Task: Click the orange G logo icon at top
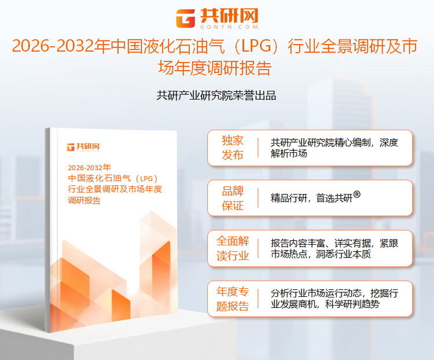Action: pyautogui.click(x=186, y=18)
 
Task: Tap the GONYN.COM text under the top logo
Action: pyautogui.click(x=227, y=27)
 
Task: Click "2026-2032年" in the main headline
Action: pyautogui.click(x=56, y=47)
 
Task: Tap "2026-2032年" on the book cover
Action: pyautogui.click(x=89, y=167)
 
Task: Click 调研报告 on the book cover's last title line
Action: pyautogui.click(x=84, y=201)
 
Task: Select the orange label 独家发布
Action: pyautogui.click(x=233, y=148)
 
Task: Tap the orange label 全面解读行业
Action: pyautogui.click(x=233, y=248)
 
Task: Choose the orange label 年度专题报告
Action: pyautogui.click(x=233, y=298)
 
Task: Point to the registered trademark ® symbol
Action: pyautogui.click(x=357, y=195)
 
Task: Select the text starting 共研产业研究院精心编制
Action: pyautogui.click(x=334, y=148)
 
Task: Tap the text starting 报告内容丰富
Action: pyautogui.click(x=334, y=248)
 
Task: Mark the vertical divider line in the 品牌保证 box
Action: pyautogui.click(x=258, y=198)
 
